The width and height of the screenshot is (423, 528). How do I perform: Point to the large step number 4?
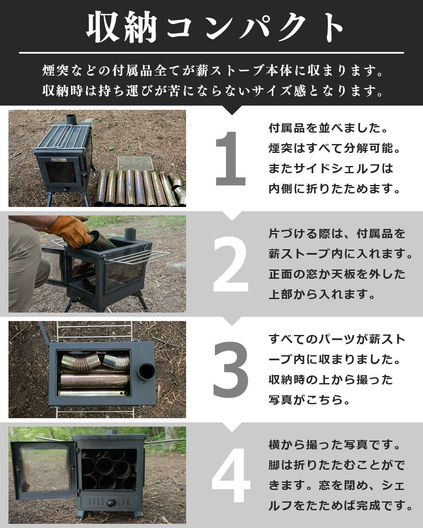point(231,475)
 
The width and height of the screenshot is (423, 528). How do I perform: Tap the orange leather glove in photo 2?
point(70,230)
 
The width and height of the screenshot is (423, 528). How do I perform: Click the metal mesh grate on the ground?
point(135,163)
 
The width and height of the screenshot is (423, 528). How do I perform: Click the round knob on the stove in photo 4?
point(111,503)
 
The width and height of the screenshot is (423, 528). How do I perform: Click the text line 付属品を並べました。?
point(328,128)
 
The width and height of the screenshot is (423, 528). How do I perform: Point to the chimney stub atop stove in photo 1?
point(71,120)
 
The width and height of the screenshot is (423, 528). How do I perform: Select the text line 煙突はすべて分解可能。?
point(334,148)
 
